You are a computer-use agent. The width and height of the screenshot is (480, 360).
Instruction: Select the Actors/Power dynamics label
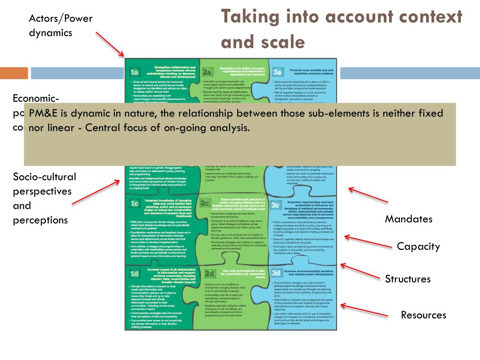tap(60, 25)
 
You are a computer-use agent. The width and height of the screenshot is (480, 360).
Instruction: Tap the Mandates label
tap(408, 219)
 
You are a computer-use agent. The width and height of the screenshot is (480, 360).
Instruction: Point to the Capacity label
tap(418, 247)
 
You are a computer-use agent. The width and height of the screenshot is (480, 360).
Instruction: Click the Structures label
tap(407, 279)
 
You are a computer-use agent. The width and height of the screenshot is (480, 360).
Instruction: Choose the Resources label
tap(423, 315)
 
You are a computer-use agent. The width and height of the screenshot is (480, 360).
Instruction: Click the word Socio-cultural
tap(45, 177)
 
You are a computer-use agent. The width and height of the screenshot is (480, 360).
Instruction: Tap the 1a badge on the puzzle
tap(135, 72)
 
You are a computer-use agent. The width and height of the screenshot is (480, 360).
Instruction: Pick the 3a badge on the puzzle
tap(277, 72)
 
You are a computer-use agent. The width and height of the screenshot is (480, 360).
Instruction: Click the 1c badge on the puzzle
tap(135, 203)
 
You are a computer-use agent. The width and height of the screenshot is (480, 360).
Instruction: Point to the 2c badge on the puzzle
tap(205, 203)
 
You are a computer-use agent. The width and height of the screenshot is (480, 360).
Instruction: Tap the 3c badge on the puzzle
tap(275, 205)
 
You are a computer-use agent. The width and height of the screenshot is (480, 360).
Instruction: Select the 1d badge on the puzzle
tap(135, 274)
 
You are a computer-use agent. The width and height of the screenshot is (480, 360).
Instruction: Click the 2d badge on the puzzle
tap(209, 273)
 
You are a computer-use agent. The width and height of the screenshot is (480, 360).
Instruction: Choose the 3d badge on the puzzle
tap(276, 272)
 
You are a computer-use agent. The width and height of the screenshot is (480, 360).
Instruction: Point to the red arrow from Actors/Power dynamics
tap(110, 44)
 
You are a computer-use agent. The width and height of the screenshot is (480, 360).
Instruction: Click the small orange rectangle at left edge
tap(14, 73)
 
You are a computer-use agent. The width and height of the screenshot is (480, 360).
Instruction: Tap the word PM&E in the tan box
tap(42, 114)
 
